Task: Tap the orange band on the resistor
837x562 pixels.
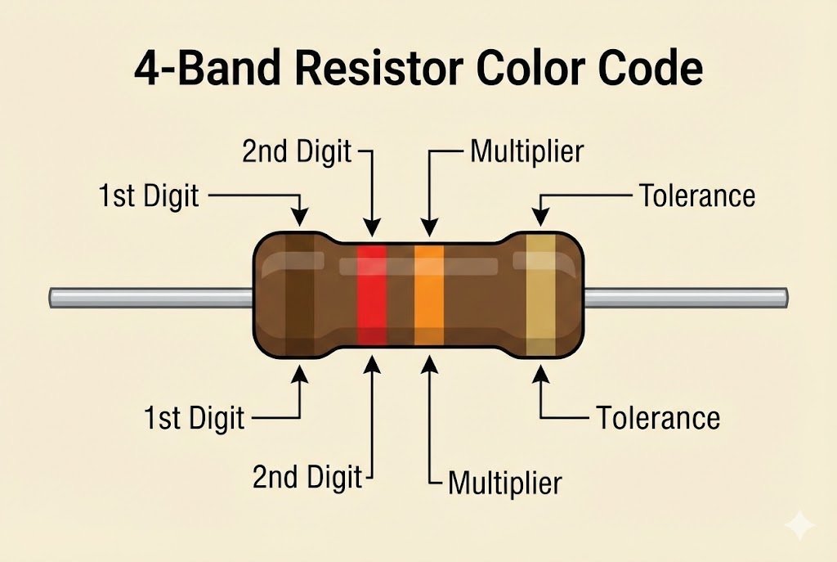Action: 429,294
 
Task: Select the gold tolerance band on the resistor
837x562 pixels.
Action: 539,294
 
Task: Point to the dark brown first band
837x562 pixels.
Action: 299,294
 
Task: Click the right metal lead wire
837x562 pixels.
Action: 687,298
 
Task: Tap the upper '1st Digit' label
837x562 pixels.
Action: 149,196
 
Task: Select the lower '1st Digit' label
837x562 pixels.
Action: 194,418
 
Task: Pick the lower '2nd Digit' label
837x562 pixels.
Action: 307,477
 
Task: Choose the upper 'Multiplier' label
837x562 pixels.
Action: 526,151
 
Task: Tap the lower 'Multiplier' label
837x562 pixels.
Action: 504,483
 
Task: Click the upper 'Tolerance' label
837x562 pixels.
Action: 696,196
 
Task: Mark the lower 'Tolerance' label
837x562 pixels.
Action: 658,418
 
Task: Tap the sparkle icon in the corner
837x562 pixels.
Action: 799,525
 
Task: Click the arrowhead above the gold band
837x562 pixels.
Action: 540,215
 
